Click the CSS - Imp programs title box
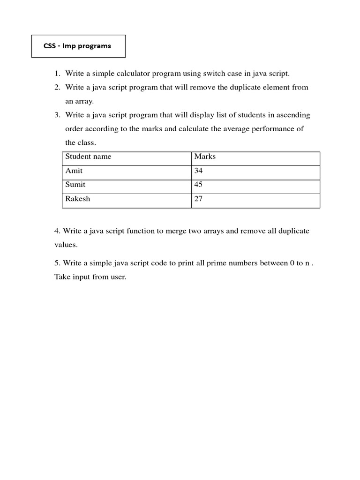click(78, 46)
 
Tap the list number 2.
click(57, 88)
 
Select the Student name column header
click(89, 157)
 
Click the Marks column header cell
click(205, 157)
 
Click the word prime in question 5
click(220, 263)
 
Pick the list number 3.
click(57, 115)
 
